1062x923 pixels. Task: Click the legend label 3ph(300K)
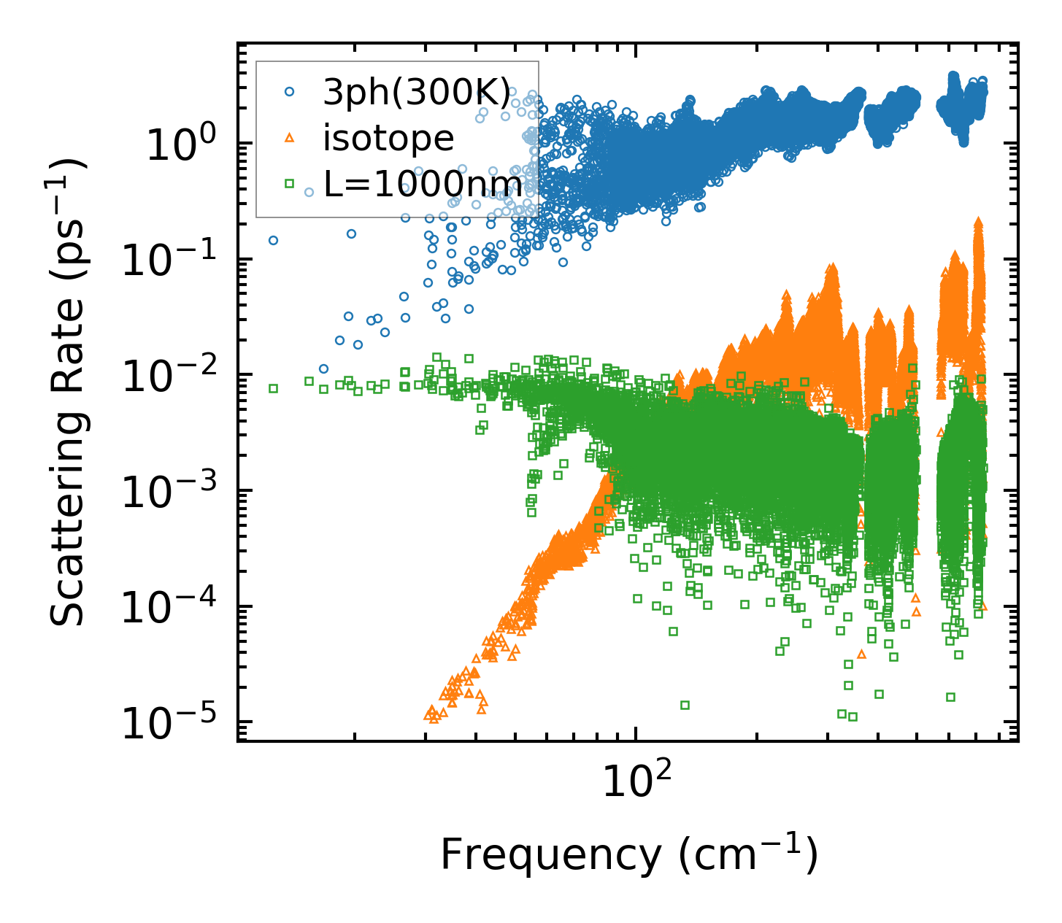[417, 92]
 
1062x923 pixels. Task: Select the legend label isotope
[388, 138]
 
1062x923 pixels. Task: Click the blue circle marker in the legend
[290, 92]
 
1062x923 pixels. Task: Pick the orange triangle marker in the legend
[290, 137]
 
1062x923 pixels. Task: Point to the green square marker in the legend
[290, 183]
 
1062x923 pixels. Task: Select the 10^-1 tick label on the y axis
[174, 261]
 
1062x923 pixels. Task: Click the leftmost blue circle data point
[273, 240]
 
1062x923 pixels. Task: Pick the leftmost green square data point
[273, 388]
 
